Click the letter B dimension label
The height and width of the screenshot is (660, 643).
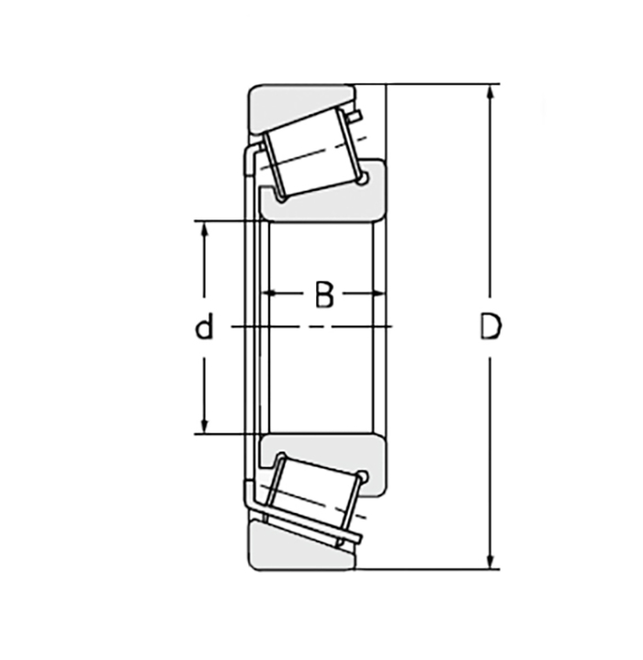click(x=324, y=295)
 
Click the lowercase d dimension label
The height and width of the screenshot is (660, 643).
click(x=205, y=326)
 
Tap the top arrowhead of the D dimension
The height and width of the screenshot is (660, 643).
click(x=490, y=93)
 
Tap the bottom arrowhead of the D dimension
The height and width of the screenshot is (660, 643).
click(x=490, y=561)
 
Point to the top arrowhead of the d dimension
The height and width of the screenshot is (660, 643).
click(x=205, y=229)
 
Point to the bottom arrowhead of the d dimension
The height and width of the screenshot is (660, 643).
click(x=205, y=425)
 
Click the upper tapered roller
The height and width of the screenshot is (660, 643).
click(x=312, y=153)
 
